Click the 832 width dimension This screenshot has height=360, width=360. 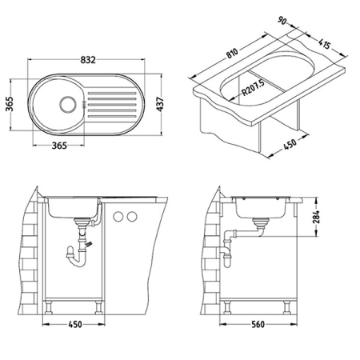(x=88, y=60)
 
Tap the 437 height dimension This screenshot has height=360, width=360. (x=160, y=104)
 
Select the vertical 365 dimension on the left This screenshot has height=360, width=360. (x=9, y=104)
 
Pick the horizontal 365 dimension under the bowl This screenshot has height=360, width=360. (x=59, y=146)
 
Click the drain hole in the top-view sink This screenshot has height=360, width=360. (x=67, y=105)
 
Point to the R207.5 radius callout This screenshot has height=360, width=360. (x=253, y=88)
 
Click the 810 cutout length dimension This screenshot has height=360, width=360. (x=232, y=53)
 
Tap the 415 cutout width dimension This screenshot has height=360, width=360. (x=324, y=44)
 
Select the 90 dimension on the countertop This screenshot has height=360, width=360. (x=282, y=21)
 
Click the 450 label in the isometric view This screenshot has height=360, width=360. (x=290, y=144)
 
